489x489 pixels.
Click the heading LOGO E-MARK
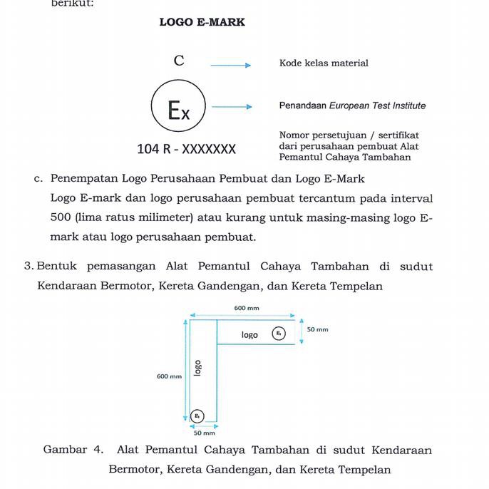202,22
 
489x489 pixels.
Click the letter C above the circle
179,61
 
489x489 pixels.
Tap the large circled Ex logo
178,110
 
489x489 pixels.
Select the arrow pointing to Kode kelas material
230,66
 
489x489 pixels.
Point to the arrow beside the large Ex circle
232,107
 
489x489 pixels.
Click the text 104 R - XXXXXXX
186,149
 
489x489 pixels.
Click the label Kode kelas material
324,63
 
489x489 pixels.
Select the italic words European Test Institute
377,105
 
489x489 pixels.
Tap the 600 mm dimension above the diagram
247,308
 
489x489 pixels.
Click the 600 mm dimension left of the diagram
169,376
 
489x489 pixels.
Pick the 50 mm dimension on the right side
317,329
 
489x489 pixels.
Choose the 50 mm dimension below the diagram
204,433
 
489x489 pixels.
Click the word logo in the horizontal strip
249,334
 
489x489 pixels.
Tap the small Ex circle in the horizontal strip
279,334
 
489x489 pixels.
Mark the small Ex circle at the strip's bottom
198,416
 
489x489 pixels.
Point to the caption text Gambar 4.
73,450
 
